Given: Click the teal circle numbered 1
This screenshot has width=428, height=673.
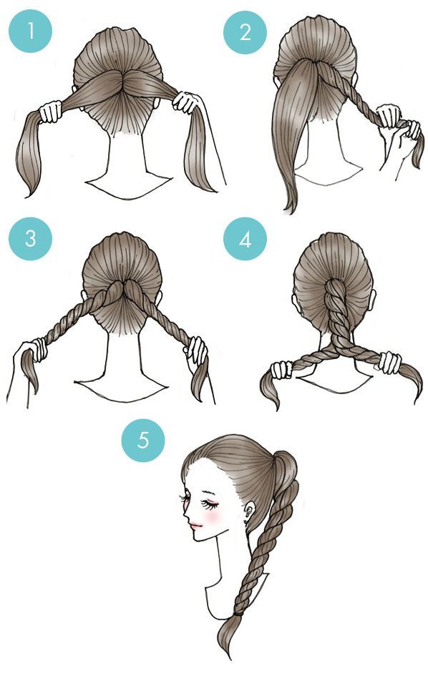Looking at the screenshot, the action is [31, 31].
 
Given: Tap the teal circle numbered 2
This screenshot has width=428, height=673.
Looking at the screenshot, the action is [245, 32].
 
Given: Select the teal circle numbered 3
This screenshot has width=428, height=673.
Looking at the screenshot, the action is [31, 239].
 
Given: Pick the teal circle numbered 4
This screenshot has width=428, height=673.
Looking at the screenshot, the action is [245, 239].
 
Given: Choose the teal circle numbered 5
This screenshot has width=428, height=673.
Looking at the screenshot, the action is [143, 441].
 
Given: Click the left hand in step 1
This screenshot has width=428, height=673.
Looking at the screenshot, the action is [51, 112].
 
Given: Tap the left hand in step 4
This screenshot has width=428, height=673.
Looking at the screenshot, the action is [281, 370].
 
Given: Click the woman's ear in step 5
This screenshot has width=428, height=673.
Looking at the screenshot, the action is [249, 511].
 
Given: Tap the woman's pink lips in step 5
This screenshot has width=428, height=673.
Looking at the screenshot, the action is [196, 525].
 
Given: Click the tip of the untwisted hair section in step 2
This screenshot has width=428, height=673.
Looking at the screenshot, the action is [292, 210].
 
